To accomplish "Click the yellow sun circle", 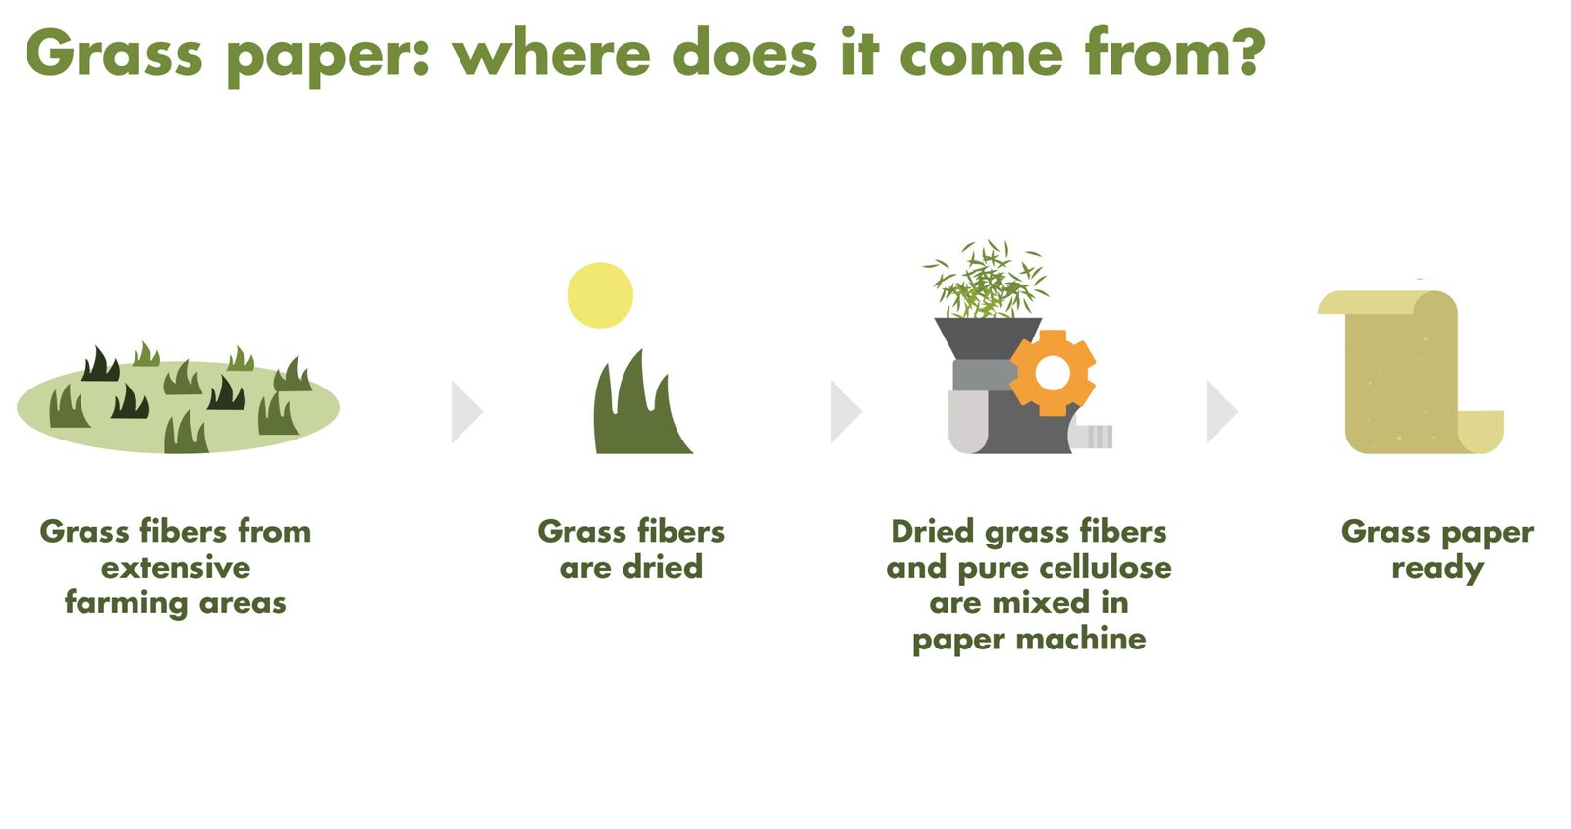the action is (x=600, y=295).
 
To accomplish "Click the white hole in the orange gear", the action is (x=1052, y=373).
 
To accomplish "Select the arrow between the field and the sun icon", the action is (x=467, y=411).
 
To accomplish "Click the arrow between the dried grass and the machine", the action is (x=845, y=411).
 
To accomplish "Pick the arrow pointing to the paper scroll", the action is (x=1221, y=411).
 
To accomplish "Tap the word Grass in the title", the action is (x=114, y=53).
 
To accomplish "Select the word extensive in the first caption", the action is (x=176, y=567).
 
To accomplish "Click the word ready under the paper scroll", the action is (x=1437, y=569).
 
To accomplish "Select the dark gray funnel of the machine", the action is (x=988, y=337).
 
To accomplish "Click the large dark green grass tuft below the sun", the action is (x=639, y=406).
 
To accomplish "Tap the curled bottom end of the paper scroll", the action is (x=1480, y=432).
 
